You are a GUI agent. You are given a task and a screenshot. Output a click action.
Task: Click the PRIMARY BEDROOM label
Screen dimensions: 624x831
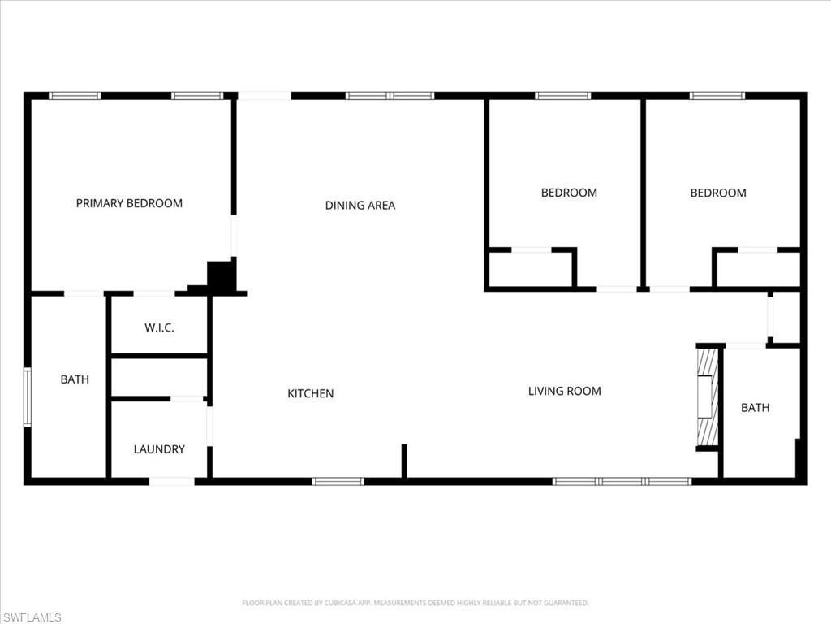(x=129, y=203)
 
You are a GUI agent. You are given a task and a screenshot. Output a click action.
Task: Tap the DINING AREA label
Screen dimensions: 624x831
(x=360, y=206)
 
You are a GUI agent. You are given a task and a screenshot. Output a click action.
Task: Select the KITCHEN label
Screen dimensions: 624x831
(x=311, y=394)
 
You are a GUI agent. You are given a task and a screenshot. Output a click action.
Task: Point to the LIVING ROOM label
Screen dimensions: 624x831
(x=564, y=392)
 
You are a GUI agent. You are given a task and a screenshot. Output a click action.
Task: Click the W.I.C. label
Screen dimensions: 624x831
(x=159, y=328)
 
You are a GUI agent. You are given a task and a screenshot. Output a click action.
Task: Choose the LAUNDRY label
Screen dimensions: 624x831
(x=159, y=449)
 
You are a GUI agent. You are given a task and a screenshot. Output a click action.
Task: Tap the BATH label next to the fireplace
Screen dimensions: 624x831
(x=755, y=408)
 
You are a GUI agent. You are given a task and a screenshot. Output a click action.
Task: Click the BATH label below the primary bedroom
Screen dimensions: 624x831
(x=75, y=379)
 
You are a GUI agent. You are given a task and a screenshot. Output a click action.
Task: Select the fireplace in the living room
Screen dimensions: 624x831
(x=708, y=398)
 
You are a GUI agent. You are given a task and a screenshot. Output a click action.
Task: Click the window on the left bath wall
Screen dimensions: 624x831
(x=28, y=396)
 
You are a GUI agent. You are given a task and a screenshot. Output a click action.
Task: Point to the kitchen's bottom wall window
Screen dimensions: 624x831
(x=338, y=481)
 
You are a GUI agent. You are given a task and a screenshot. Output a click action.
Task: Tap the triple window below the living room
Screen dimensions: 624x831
(x=622, y=481)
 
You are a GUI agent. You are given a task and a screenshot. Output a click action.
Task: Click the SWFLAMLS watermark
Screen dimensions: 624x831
(x=32, y=617)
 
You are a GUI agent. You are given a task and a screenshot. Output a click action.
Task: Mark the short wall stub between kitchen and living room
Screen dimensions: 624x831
(x=404, y=461)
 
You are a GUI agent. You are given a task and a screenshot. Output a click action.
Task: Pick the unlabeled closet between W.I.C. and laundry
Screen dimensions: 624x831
(x=159, y=377)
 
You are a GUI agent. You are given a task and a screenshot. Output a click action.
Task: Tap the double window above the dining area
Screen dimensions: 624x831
(x=390, y=96)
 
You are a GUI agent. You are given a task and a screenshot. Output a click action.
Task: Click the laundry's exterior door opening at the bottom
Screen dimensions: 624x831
(x=171, y=482)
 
